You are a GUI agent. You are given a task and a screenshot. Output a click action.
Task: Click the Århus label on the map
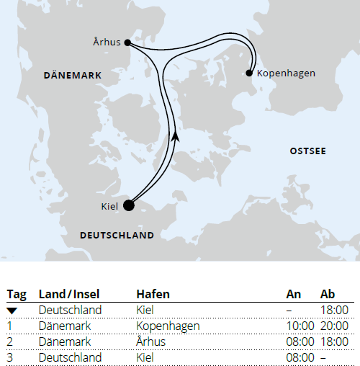107,41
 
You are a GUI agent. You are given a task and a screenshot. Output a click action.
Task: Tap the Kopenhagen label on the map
286,73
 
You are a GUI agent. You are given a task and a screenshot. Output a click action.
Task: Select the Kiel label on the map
109,207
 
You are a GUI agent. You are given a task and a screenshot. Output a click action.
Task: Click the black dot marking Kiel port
129,205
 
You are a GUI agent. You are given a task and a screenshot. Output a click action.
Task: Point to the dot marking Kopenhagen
249,73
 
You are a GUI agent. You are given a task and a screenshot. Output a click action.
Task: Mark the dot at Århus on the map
127,42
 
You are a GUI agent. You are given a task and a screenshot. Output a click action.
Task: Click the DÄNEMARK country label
73,75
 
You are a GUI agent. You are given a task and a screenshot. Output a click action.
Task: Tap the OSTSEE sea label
307,151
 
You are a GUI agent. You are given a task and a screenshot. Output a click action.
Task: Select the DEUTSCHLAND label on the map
117,236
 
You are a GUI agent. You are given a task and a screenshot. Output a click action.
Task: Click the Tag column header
17,294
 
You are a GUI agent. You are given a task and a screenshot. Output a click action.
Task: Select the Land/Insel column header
69,294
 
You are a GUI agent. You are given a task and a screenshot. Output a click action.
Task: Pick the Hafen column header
153,294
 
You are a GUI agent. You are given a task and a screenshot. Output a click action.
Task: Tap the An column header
293,294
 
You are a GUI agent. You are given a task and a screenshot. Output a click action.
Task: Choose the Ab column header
328,294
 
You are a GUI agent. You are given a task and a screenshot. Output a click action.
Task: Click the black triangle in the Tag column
12,310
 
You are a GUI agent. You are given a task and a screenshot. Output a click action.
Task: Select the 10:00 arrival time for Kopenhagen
300,326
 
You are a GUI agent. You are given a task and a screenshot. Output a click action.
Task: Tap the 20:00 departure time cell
334,326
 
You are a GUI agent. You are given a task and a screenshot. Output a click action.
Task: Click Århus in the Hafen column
150,342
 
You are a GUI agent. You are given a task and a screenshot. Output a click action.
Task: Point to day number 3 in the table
10,357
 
